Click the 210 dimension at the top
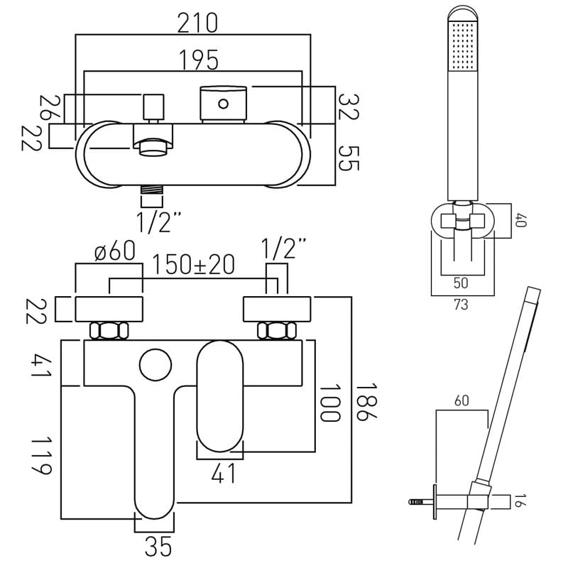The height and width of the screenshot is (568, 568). (197, 23)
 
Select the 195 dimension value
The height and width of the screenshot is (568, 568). (197, 62)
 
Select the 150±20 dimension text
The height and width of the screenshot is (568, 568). (195, 265)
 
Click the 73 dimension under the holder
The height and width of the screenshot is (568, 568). (461, 305)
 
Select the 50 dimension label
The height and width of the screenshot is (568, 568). (461, 283)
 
